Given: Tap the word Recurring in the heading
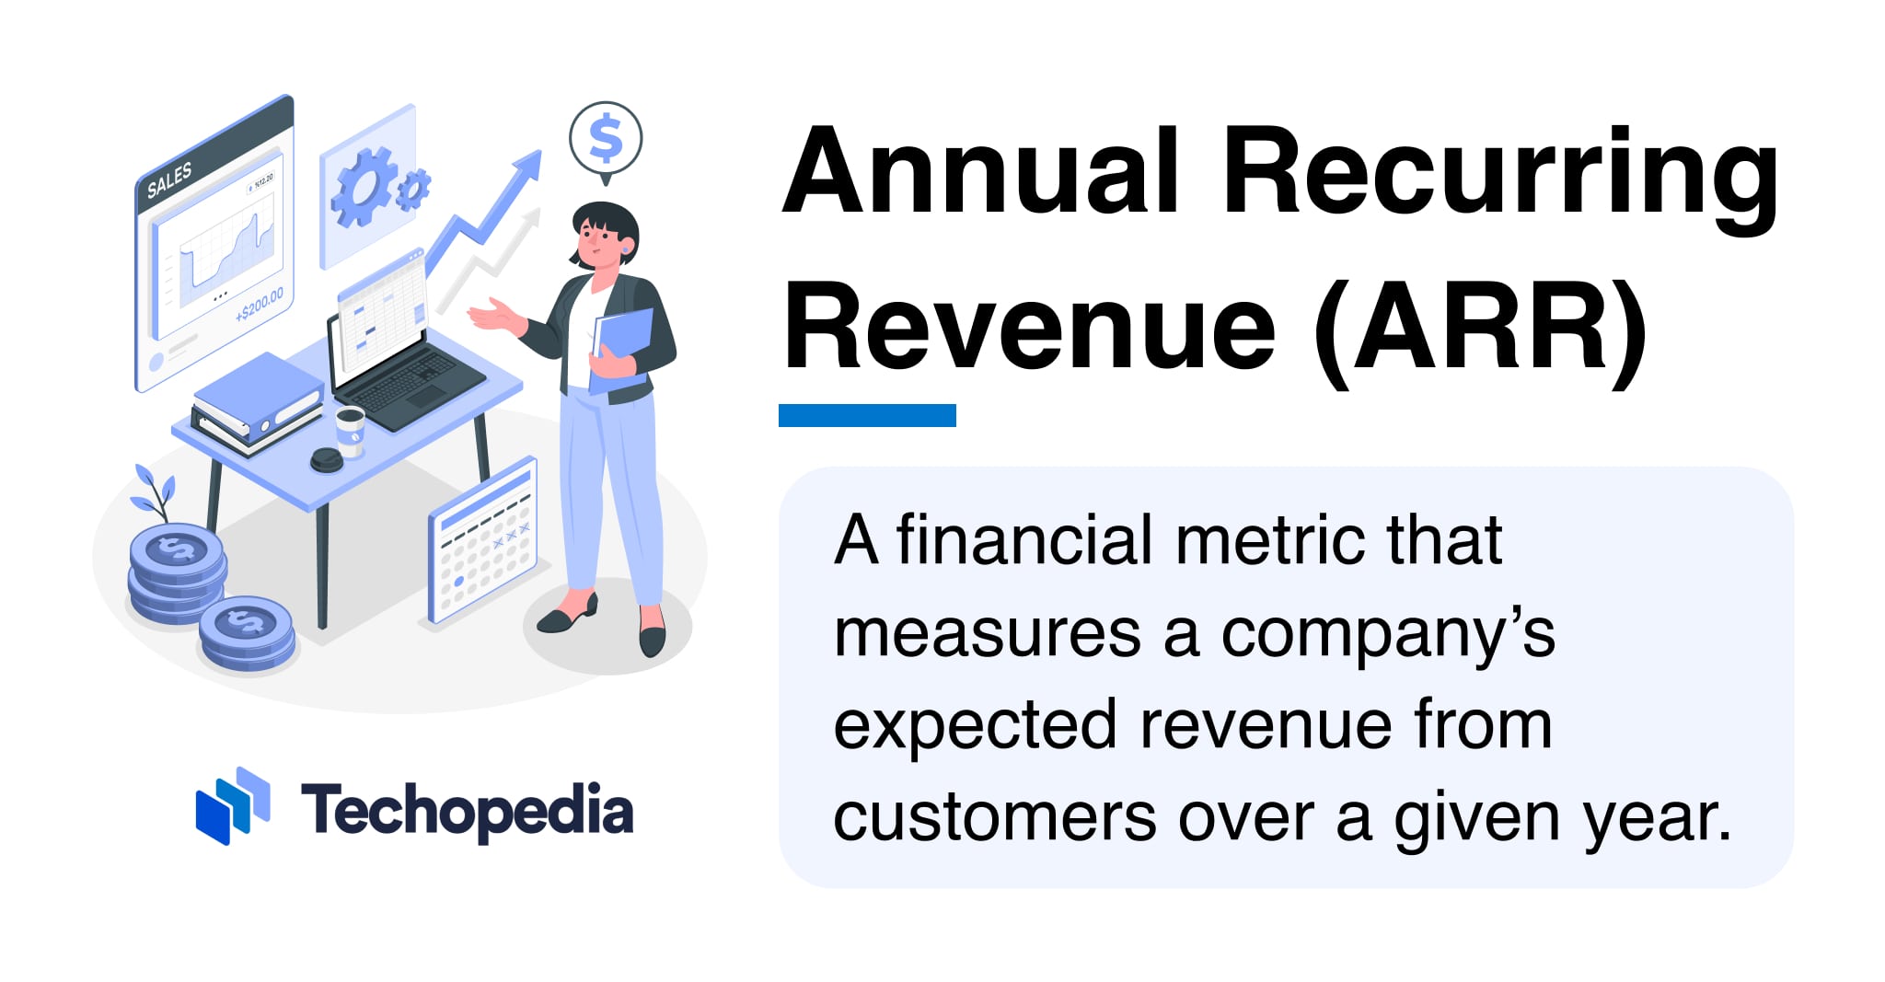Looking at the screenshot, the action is point(1500,180).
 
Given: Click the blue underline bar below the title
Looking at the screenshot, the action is point(867,415).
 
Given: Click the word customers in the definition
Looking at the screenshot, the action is point(995,818).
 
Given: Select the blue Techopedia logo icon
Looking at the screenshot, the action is point(233,806).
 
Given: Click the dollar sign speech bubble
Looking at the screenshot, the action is point(606,141).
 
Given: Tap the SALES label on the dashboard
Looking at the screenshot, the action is point(169,180).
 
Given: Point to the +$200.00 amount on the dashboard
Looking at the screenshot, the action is point(260,305).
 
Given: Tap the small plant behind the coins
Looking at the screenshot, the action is point(153,492).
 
